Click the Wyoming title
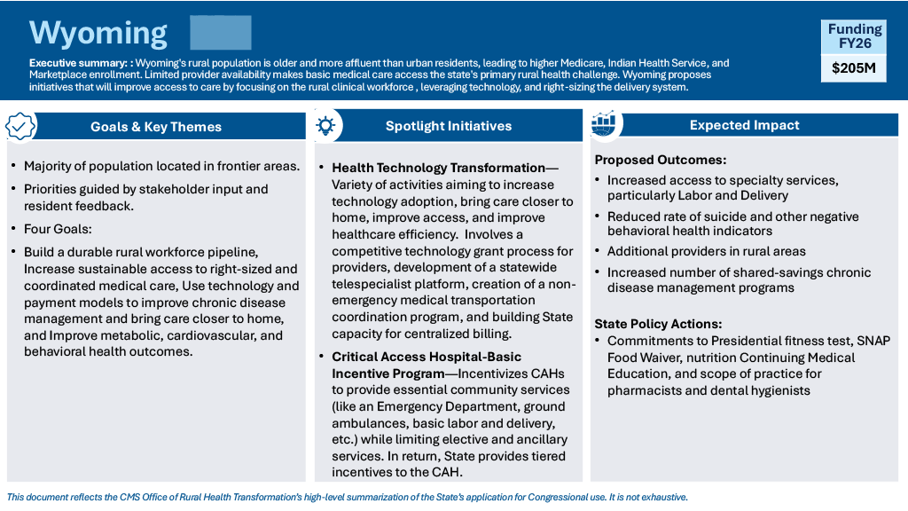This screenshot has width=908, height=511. coord(98,34)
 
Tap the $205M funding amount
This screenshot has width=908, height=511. coord(854,68)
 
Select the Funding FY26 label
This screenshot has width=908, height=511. coord(854,35)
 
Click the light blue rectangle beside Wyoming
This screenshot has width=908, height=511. coord(221,33)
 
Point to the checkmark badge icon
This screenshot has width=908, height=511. coord(20,126)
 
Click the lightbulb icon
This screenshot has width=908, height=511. coord(325,125)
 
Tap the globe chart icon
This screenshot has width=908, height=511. coord(604,123)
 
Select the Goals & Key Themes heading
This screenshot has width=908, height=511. coord(156,127)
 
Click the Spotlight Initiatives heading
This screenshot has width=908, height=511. coord(449,126)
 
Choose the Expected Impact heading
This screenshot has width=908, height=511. coord(744,125)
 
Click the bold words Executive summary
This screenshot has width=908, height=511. coord(78,63)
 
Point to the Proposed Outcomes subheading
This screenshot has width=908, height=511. coord(660,160)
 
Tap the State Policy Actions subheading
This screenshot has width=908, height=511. coord(659,324)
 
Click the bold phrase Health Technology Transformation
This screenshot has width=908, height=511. coord(438,168)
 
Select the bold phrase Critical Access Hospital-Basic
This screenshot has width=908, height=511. coord(427,357)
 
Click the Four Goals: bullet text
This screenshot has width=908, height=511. coord(58,229)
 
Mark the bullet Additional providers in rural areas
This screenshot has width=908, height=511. coord(706,251)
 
